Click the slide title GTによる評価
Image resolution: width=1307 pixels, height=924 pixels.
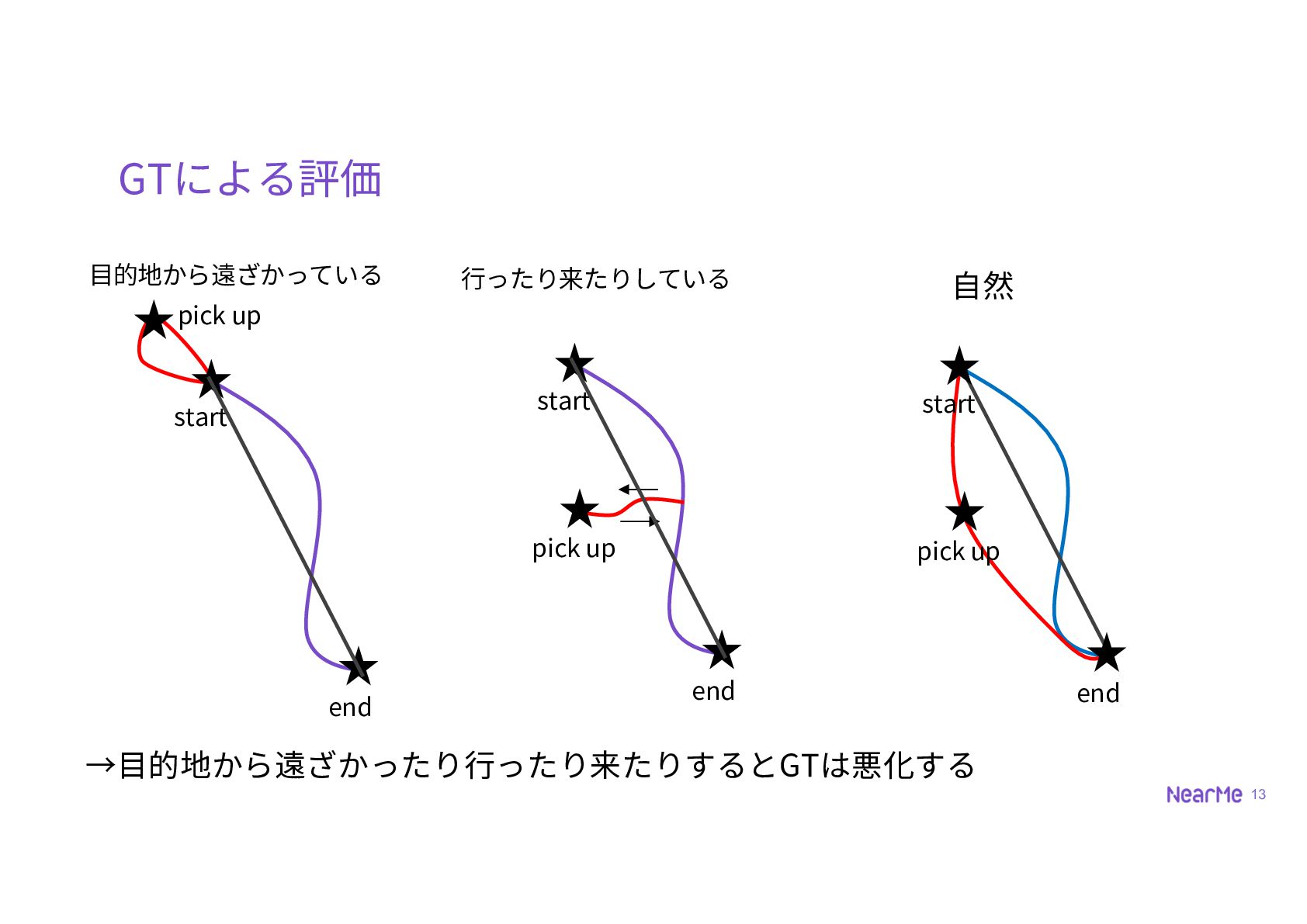click(x=250, y=178)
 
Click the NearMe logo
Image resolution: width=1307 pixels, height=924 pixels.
click(x=1204, y=794)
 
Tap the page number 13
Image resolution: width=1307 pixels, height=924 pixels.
click(x=1259, y=794)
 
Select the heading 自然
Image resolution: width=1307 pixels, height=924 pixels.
click(x=983, y=286)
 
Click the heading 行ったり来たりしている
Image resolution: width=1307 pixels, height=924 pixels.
click(x=595, y=279)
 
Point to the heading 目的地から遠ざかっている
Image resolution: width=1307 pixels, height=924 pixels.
click(x=236, y=275)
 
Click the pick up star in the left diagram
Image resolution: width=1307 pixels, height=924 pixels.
click(x=154, y=319)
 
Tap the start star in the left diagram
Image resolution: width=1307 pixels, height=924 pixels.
click(x=211, y=379)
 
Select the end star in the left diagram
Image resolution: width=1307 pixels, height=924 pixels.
click(x=359, y=666)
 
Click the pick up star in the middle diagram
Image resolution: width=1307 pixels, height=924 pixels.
click(x=580, y=509)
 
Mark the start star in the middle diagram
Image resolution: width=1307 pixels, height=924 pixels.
click(x=574, y=363)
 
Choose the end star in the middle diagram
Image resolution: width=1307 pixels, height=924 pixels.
click(x=722, y=649)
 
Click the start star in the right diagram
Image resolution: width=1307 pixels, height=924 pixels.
click(x=959, y=365)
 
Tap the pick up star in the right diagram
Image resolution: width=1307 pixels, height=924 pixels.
click(x=965, y=511)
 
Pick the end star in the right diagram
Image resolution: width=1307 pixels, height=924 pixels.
click(x=1106, y=652)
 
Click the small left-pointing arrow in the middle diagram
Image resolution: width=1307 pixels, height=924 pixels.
click(x=638, y=490)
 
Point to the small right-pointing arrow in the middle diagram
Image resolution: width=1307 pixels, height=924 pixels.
click(x=640, y=521)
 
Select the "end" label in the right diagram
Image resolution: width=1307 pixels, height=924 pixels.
click(x=1098, y=694)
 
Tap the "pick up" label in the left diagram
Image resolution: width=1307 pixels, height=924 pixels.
click(x=220, y=317)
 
